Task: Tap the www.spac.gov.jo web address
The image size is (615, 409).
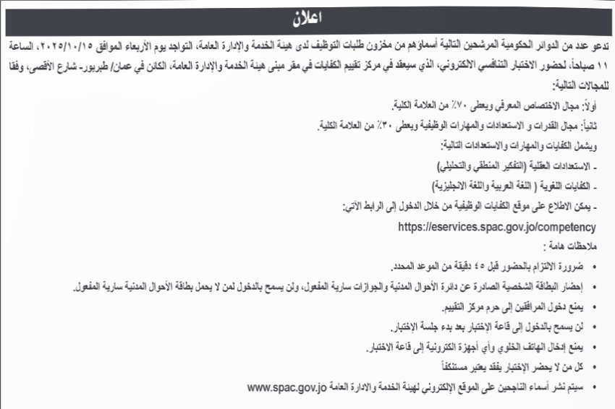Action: click(285, 387)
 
